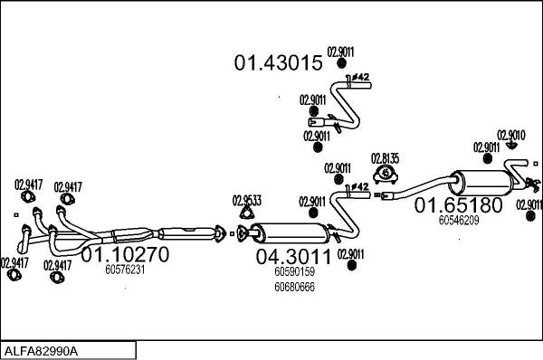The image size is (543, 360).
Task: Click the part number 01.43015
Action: pyautogui.click(x=278, y=63)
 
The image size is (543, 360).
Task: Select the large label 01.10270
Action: pyautogui.click(x=126, y=255)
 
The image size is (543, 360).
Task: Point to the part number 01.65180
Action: pyautogui.click(x=458, y=205)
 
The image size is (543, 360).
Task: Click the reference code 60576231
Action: pyautogui.click(x=126, y=269)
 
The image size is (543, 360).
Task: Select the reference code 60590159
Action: pyautogui.click(x=294, y=270)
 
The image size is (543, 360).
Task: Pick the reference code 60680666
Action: pyautogui.click(x=294, y=287)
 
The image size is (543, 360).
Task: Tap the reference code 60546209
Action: pyautogui.click(x=459, y=220)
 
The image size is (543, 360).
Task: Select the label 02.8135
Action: pyautogui.click(x=386, y=159)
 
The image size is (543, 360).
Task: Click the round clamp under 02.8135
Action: pyautogui.click(x=386, y=174)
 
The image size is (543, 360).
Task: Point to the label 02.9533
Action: pyautogui.click(x=247, y=200)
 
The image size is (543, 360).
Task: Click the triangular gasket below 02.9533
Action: pyautogui.click(x=245, y=213)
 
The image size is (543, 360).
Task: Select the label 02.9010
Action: pyautogui.click(x=511, y=135)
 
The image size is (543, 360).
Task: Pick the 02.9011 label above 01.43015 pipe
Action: pyautogui.click(x=340, y=52)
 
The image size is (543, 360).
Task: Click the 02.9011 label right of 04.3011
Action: pyautogui.click(x=351, y=254)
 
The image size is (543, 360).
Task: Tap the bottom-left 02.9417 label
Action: pyautogui.click(x=14, y=263)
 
